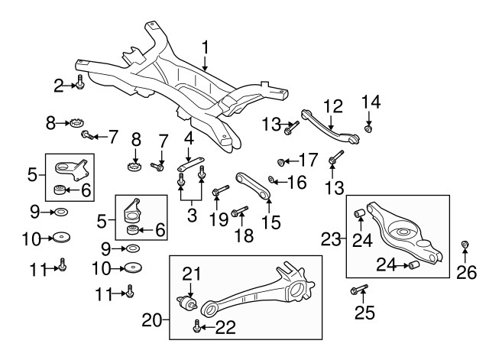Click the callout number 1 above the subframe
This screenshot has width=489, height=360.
tap(205, 48)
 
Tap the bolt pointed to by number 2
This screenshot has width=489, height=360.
tap(80, 83)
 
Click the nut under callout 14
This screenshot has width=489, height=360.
tap(368, 128)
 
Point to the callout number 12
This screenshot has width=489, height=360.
tap(333, 107)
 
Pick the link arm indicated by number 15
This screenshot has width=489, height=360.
tap(253, 186)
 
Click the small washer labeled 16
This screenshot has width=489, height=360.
tap(271, 179)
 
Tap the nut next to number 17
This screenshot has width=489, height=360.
tap(281, 162)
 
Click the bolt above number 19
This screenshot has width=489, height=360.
tap(221, 190)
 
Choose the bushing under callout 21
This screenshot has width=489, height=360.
tap(186, 303)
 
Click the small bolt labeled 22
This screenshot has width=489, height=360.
tap(196, 326)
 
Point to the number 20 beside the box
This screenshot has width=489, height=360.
tap(152, 320)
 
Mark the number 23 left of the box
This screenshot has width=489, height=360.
tap(331, 239)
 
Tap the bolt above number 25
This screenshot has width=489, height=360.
tap(359, 289)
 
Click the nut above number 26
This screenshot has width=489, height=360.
tap(465, 244)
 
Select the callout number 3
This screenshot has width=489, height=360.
tap(192, 216)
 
